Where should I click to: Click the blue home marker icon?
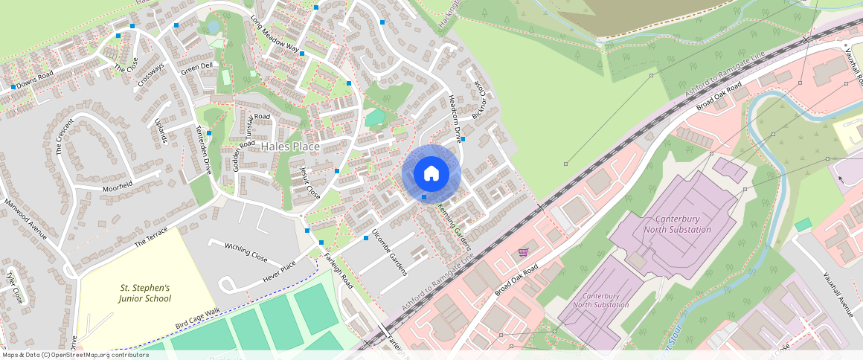[x=431, y=174]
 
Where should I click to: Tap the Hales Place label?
[x=291, y=147]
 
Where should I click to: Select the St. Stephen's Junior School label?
[x=145, y=293]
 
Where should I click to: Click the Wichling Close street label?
[x=246, y=251]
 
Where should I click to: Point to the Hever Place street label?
[x=279, y=273]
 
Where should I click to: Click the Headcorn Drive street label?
[x=453, y=119]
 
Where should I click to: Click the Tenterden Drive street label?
[x=204, y=150]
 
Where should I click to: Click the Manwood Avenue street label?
[x=25, y=219]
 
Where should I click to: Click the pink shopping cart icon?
[x=523, y=252]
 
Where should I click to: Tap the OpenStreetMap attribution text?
[x=75, y=355]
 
